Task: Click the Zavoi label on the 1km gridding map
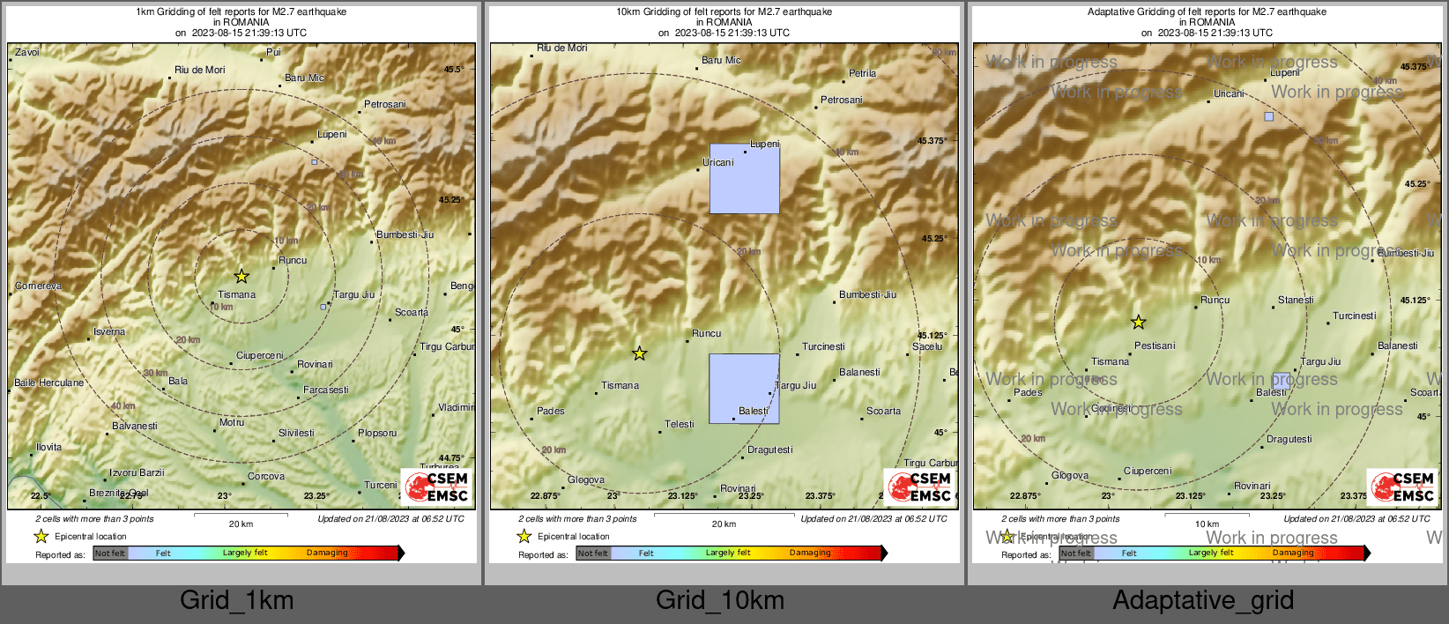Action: coord(27,52)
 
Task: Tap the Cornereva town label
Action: coord(39,286)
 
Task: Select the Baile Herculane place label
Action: coord(49,383)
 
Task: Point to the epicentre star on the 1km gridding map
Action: coord(241,276)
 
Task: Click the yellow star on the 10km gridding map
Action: coord(640,353)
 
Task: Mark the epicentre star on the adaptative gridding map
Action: coord(1139,322)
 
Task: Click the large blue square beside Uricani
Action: coord(745,179)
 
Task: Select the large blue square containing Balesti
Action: coord(744,388)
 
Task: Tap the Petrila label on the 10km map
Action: coord(862,73)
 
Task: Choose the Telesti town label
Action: coord(680,424)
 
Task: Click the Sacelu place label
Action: coord(927,346)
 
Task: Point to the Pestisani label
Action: coord(1155,345)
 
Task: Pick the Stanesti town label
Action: coord(1296,300)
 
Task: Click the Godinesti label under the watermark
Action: coord(1111,408)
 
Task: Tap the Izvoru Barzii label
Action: coord(137,472)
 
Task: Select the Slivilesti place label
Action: coord(296,433)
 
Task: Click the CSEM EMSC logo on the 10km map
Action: coord(919,487)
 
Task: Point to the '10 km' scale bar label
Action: coord(1207,524)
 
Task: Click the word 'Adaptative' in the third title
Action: coord(1112,11)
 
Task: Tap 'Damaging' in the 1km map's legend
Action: coord(327,553)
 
